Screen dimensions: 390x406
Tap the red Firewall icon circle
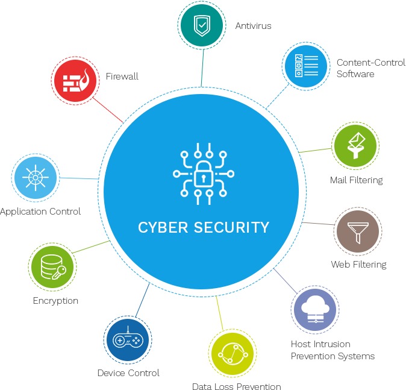76,80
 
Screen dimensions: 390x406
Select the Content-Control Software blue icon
305,64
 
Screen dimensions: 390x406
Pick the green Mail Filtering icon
355,145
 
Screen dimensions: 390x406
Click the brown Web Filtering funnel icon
358,231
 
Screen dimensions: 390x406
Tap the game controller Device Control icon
127,339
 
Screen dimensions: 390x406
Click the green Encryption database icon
52,266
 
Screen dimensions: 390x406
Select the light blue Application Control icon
36,177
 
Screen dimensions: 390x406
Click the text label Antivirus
253,26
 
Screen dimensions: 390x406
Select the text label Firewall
122,77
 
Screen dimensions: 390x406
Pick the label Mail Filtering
356,180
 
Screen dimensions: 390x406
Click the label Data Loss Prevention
236,386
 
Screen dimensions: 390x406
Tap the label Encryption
55,300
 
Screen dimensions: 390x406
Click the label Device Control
128,373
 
